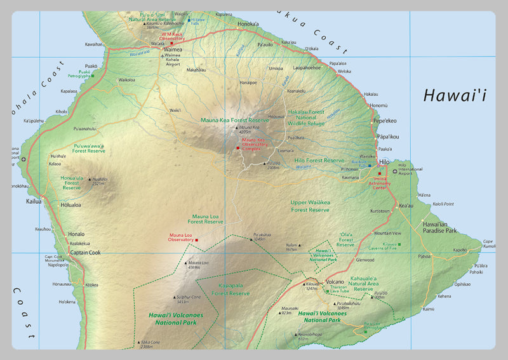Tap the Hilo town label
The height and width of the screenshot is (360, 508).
pos(384,162)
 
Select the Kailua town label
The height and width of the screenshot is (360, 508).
pos(33,201)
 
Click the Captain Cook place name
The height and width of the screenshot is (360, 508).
pos(85,252)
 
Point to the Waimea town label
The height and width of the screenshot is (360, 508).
pos(173,49)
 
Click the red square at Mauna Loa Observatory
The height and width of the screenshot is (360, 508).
pos(197,239)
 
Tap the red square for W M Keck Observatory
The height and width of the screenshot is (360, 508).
pos(171,43)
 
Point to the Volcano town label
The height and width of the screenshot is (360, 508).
pos(335,281)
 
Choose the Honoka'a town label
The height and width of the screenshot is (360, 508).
pos(248,24)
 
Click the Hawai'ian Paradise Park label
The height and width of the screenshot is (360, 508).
pos(439,227)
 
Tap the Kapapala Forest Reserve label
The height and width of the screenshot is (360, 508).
pos(230,289)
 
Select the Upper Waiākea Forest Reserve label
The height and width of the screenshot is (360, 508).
pos(310,206)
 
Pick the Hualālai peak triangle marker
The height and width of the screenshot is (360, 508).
pos(89,179)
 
